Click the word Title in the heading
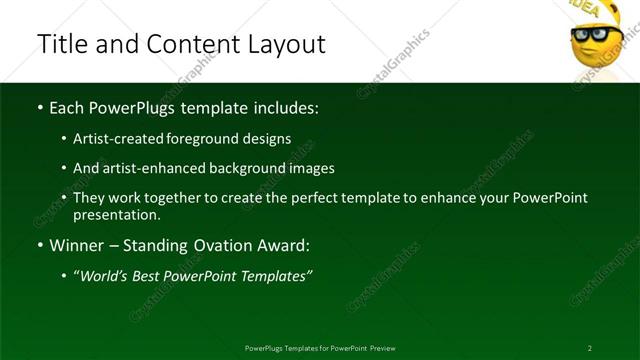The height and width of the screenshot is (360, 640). [61, 45]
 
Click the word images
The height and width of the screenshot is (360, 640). [309, 169]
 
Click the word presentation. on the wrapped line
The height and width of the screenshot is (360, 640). [117, 215]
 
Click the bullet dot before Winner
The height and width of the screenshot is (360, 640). [39, 246]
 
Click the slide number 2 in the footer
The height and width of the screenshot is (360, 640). [590, 348]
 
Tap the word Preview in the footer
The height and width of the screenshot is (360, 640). [380, 348]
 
